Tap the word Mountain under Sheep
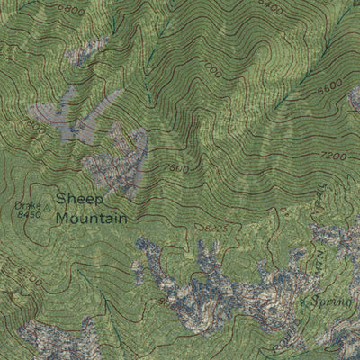click(x=91, y=218)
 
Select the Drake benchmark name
click(x=27, y=206)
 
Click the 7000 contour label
click(x=211, y=69)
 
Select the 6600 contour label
click(x=329, y=84)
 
